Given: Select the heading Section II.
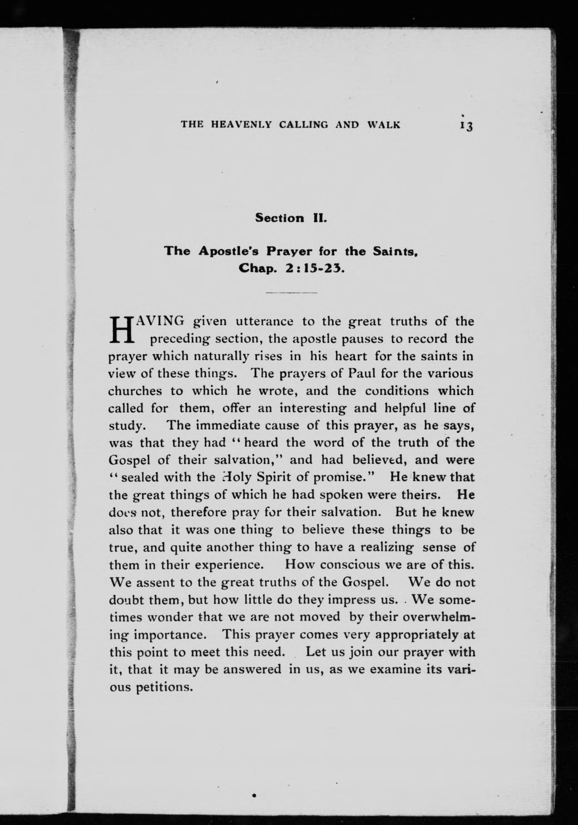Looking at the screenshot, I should tap(291, 218).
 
